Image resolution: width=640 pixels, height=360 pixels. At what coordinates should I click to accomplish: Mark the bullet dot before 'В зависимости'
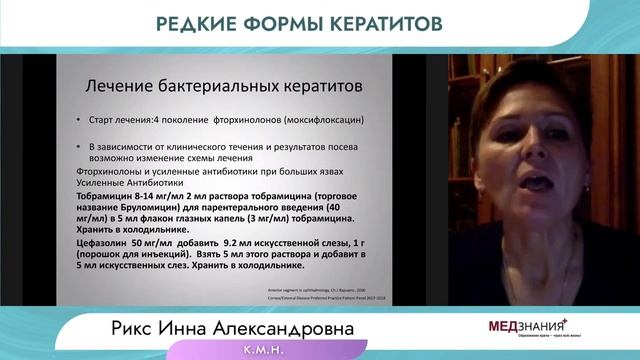79,146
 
